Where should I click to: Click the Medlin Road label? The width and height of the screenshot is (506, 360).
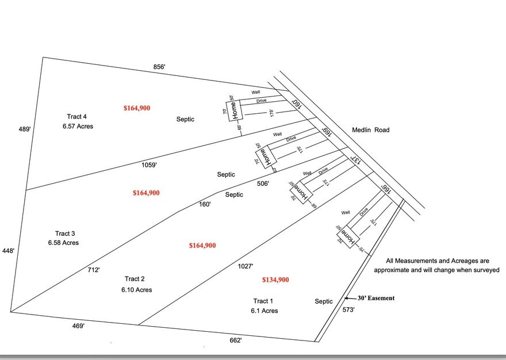click(370, 130)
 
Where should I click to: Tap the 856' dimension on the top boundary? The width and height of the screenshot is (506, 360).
click(159, 67)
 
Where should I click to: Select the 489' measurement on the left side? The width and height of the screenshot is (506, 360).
click(24, 129)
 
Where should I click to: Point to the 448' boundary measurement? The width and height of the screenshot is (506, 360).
click(8, 251)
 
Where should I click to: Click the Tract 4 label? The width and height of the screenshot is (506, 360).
click(77, 117)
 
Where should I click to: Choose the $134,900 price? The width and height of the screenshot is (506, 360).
click(275, 280)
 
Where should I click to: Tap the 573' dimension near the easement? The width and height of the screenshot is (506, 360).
click(349, 310)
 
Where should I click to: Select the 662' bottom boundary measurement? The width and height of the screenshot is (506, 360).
click(236, 340)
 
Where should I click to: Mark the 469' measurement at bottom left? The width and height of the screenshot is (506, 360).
click(79, 326)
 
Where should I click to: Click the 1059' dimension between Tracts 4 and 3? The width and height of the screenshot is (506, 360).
click(149, 165)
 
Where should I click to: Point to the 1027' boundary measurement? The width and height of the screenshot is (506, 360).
click(246, 266)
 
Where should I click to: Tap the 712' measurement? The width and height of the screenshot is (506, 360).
click(94, 269)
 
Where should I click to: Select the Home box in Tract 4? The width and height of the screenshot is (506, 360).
click(234, 109)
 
